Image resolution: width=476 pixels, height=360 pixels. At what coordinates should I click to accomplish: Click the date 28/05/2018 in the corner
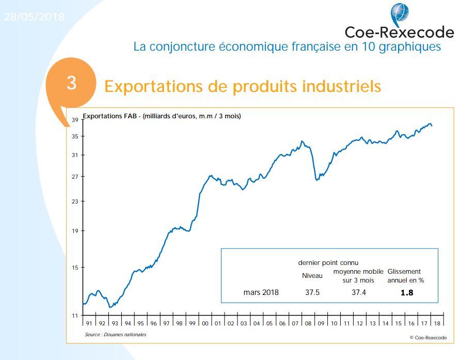pos(34,17)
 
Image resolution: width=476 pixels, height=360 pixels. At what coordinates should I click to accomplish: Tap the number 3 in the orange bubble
pos(72,83)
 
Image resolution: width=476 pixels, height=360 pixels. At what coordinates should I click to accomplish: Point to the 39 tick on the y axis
pos(75,120)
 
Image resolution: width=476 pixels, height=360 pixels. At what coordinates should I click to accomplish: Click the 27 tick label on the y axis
pos(75,177)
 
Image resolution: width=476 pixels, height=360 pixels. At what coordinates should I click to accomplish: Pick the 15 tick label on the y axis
pos(75,268)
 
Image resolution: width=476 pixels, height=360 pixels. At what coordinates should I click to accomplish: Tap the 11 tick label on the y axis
pos(75,315)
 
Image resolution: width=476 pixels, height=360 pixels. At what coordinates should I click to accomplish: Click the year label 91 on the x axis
pos(89,324)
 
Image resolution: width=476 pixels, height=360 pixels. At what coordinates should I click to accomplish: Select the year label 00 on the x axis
pos(205,324)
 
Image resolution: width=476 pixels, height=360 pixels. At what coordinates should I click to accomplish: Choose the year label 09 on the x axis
pos(321,324)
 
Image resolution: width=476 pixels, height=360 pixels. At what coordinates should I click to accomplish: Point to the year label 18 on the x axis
pos(437,324)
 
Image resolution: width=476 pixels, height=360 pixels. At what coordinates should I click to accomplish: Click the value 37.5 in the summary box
pos(312,292)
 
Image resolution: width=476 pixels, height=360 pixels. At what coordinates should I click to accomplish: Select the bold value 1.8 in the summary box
pos(407,292)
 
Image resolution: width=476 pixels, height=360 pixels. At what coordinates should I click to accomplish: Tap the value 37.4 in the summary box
pos(358,292)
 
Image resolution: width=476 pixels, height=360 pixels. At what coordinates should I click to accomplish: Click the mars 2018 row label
pos(261,292)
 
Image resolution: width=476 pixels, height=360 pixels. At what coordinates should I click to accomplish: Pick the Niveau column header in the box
pos(312,276)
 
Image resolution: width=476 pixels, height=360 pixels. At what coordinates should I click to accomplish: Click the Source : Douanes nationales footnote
pos(116,335)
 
